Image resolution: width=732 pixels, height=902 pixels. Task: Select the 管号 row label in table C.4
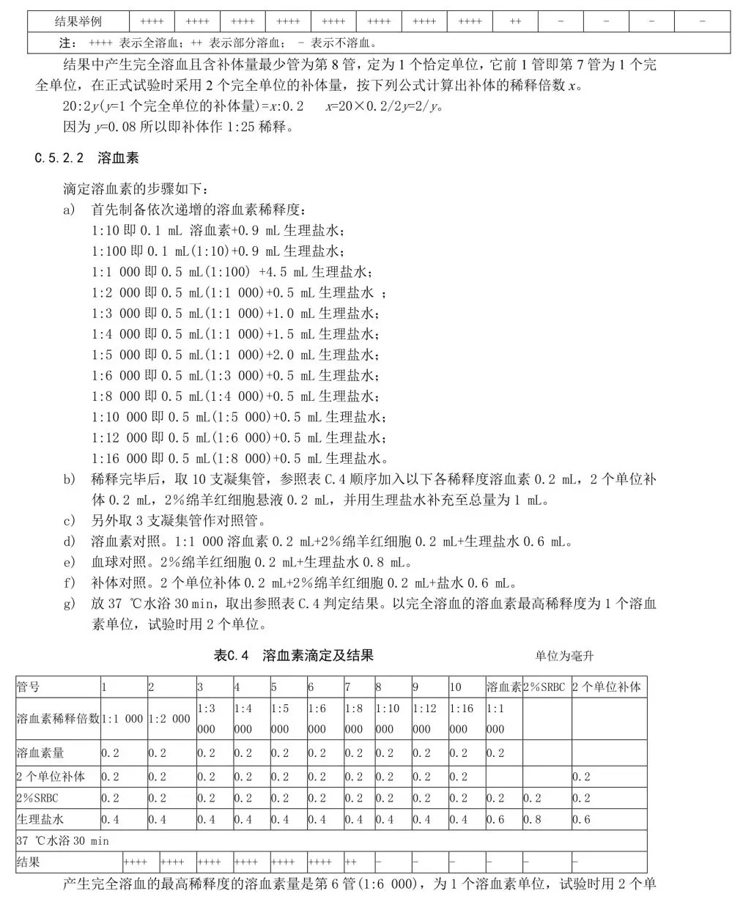(x=29, y=687)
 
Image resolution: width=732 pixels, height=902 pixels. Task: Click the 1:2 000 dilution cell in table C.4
(x=171, y=719)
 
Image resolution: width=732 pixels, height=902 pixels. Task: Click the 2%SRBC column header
(x=545, y=687)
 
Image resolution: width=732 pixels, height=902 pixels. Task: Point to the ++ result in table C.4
(x=351, y=862)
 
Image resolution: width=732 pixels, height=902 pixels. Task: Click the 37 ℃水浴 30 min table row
(x=62, y=841)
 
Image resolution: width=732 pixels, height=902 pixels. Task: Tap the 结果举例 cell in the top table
(x=78, y=21)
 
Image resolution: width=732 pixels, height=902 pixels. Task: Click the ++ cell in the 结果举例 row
(x=515, y=21)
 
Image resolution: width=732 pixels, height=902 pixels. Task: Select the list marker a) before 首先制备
(x=70, y=210)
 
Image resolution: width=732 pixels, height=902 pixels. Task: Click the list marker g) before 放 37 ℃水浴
(x=70, y=605)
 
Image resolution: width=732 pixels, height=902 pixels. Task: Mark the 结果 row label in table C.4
(x=29, y=862)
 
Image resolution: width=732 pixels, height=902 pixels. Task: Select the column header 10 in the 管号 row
(x=456, y=687)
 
